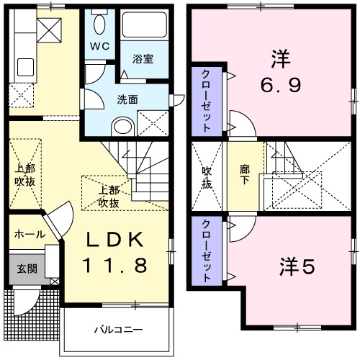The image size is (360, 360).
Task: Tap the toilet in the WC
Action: coord(99,23)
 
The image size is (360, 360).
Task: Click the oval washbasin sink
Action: coord(124,127)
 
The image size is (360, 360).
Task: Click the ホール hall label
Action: coord(30,234)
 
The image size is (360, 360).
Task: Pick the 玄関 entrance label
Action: coord(27,269)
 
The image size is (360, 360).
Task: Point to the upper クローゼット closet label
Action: coord(206,102)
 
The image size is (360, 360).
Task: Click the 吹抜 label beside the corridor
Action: coord(207,177)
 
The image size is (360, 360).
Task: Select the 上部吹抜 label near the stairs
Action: coord(109,197)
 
